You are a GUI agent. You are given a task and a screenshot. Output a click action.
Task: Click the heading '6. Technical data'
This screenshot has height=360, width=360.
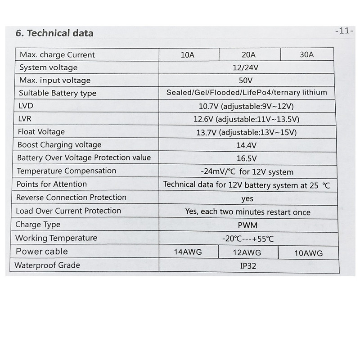54,33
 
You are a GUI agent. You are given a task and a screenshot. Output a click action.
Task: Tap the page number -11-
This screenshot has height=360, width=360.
345,32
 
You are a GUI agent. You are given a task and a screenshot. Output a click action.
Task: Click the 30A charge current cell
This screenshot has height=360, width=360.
306,55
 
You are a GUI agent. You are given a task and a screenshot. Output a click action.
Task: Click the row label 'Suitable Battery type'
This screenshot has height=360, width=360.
58,94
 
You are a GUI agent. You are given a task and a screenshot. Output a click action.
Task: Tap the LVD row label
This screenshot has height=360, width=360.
26,106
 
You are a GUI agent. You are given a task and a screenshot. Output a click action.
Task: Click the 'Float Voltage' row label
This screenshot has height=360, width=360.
41,132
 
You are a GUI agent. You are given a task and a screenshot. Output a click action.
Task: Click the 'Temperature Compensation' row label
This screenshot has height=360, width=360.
66,171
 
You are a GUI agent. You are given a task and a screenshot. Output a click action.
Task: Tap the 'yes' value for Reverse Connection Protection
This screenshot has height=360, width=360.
247,198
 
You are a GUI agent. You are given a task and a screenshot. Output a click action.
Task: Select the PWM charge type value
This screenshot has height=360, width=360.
247,225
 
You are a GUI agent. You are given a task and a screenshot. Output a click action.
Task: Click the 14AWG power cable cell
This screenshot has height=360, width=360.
188,252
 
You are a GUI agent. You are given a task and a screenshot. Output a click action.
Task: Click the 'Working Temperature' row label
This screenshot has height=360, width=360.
56,238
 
